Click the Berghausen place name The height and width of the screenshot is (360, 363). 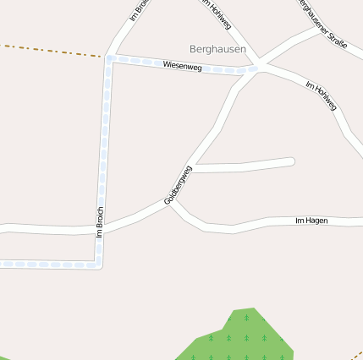(x=217, y=50)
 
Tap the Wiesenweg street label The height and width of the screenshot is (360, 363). (x=182, y=65)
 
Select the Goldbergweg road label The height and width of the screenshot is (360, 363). (x=178, y=185)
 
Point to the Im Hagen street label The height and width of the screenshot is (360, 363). (x=311, y=221)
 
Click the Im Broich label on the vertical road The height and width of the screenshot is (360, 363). (x=100, y=221)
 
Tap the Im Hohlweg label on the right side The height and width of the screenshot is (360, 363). (x=321, y=96)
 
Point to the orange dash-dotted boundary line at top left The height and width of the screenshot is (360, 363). (x=51, y=50)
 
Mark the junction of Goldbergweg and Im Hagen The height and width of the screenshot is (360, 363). (x=173, y=203)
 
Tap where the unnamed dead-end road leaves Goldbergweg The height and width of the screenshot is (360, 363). (x=192, y=166)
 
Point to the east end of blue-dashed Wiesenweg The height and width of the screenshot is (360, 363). (x=252, y=70)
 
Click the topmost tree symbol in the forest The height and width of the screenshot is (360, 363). (x=246, y=318)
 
